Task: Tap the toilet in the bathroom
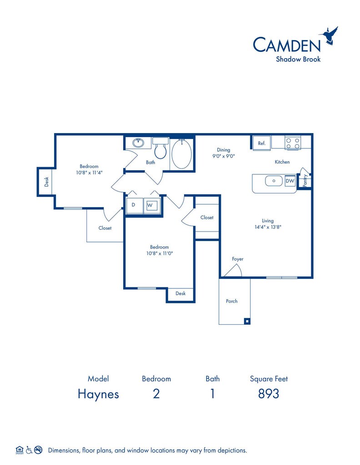(x=160, y=148)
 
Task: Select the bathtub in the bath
(x=182, y=154)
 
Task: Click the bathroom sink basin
(x=138, y=143)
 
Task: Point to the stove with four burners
(x=293, y=143)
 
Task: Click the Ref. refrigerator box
(x=261, y=143)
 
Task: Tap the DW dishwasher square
(x=290, y=181)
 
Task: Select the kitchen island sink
(x=274, y=181)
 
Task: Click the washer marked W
(x=152, y=205)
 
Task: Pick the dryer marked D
(x=135, y=205)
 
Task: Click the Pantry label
(x=305, y=181)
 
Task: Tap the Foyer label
(x=238, y=259)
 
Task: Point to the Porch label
(x=232, y=301)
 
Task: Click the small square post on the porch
(x=247, y=321)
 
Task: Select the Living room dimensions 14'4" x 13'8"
(x=268, y=227)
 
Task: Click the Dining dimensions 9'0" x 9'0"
(x=224, y=156)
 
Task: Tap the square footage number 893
(x=269, y=394)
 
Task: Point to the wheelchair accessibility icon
(x=29, y=450)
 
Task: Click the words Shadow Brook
(x=298, y=59)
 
